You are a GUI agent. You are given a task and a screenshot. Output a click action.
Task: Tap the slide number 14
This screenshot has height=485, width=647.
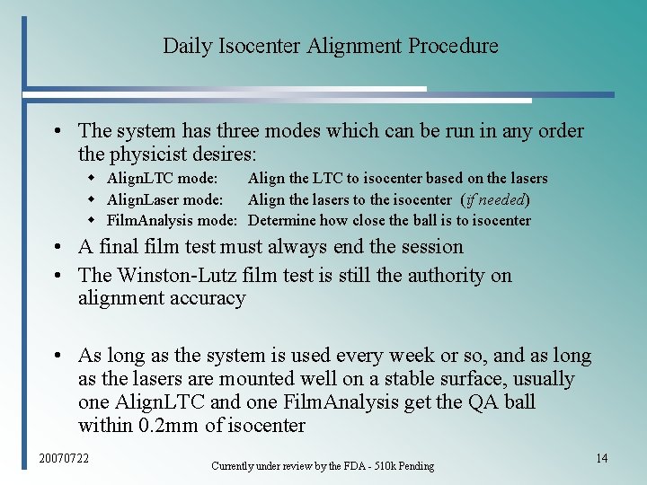click(x=602, y=459)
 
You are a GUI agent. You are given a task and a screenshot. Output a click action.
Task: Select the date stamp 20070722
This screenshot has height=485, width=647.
click(x=64, y=459)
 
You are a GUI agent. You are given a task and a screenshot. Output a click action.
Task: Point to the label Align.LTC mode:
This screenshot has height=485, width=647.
click(x=162, y=179)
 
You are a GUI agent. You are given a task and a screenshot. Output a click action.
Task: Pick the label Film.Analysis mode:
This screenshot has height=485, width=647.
click(x=172, y=220)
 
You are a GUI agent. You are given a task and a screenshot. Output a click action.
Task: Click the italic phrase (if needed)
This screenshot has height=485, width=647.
click(x=494, y=199)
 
